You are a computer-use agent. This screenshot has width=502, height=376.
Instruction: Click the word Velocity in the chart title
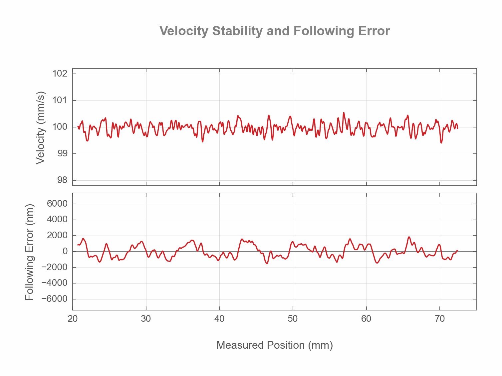(184, 31)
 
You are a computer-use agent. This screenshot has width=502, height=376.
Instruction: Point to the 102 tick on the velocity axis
(60, 74)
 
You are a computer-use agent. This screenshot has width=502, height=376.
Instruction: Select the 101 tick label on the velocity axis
(60, 100)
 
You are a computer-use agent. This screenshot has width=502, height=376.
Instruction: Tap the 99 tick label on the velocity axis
(62, 153)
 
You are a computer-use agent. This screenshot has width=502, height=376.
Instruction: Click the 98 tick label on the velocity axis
(62, 180)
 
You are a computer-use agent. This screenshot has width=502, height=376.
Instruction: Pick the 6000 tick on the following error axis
(57, 204)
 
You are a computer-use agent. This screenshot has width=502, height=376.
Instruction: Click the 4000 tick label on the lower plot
(57, 220)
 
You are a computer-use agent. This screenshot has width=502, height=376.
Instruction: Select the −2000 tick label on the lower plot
(54, 267)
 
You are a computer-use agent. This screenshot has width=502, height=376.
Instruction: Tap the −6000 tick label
(54, 299)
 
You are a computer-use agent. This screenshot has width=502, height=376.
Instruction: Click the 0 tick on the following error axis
(65, 251)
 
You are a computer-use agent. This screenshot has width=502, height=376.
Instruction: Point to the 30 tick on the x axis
(146, 319)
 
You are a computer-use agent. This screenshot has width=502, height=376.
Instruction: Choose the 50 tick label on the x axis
(293, 319)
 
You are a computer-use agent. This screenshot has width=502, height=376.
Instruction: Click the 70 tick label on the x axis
(440, 319)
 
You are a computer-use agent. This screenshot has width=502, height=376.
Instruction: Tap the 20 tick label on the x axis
(73, 319)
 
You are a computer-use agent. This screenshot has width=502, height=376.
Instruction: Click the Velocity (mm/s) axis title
(40, 127)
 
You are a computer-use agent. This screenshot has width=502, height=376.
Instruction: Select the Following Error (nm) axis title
(30, 252)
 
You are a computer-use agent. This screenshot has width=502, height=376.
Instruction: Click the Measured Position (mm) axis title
(274, 345)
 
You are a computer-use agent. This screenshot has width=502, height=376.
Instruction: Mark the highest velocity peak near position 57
(344, 113)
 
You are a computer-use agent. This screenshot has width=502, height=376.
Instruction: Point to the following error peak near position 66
(409, 237)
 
